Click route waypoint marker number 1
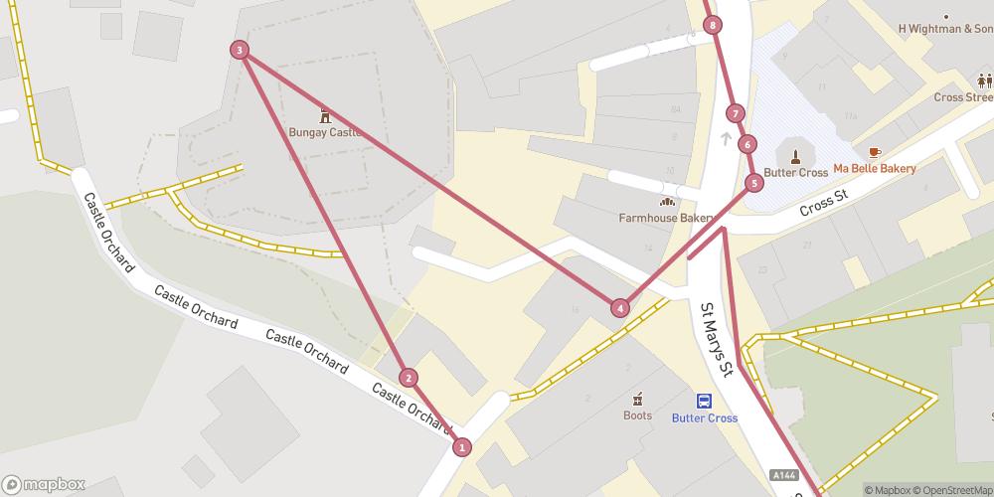(461, 447)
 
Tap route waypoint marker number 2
(408, 378)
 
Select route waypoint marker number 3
(239, 50)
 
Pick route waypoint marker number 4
(620, 308)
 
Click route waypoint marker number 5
(754, 183)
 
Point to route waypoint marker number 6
(747, 144)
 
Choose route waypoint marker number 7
(735, 113)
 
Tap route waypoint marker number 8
(714, 26)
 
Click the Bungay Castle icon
(324, 115)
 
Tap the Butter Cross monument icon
(796, 154)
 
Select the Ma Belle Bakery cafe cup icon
(874, 152)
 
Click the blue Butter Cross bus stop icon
(704, 402)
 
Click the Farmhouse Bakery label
(666, 218)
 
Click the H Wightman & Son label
(944, 29)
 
